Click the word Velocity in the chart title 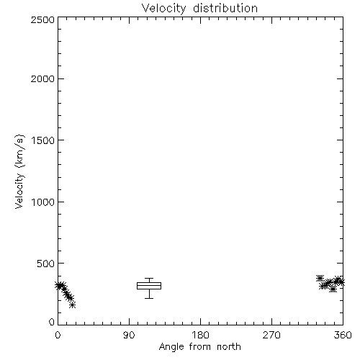point(163,9)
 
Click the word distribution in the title point(225,8)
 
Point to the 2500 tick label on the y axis point(42,19)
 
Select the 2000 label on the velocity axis point(42,78)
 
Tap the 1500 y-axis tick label point(43,140)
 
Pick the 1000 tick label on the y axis point(43,202)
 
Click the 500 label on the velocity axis point(46,264)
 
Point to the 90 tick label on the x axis point(129,335)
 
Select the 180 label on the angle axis point(200,335)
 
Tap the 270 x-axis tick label point(271,335)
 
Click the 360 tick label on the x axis point(343,335)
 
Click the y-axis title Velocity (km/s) point(19,171)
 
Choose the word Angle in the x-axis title point(171,347)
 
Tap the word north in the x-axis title point(229,347)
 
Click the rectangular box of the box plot point(149,283)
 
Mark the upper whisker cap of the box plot point(149,279)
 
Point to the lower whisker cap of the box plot point(149,298)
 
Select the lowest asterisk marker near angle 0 point(72,305)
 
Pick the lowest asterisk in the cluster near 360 point(333,289)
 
